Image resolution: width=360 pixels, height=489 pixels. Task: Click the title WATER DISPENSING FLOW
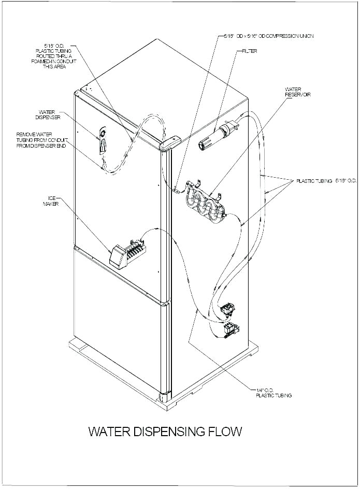(x=165, y=432)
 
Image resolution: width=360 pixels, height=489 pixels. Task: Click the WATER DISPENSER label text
(x=48, y=114)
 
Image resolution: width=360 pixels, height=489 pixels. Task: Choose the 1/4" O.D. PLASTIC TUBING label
(x=273, y=393)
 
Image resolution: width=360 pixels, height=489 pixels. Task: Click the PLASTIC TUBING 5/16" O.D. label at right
(x=326, y=181)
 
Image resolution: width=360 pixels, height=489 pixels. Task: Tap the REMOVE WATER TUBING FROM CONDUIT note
(x=42, y=140)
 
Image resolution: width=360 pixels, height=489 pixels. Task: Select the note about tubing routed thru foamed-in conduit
(x=54, y=56)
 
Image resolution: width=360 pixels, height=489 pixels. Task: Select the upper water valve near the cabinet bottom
(x=227, y=310)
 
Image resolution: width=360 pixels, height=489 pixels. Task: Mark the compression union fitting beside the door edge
(x=176, y=190)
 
